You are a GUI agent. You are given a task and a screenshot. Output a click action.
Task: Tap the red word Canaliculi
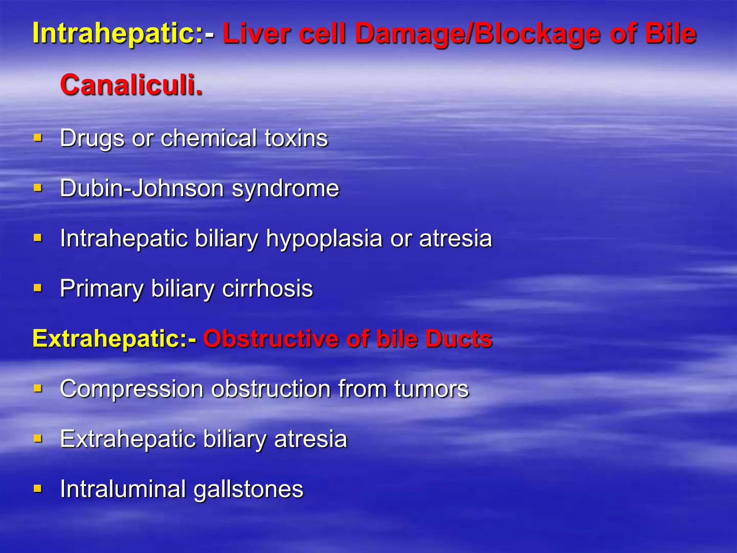(x=131, y=85)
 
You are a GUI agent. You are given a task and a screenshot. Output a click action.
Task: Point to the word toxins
(x=296, y=138)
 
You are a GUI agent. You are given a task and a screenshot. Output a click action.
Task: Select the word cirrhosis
(x=268, y=289)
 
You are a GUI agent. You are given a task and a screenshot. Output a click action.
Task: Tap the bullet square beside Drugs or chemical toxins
(x=38, y=138)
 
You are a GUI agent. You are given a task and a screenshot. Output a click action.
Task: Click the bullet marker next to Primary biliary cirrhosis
(x=38, y=288)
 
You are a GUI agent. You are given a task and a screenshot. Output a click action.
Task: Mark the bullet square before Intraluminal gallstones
(x=38, y=489)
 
